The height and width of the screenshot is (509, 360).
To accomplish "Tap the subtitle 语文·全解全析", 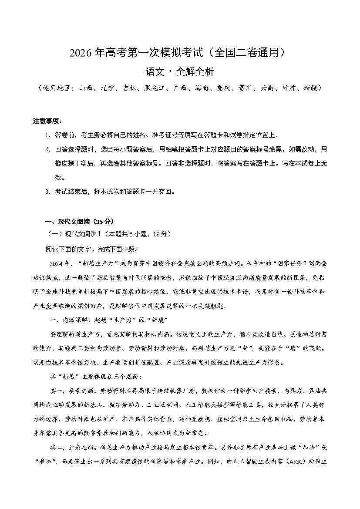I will tap(180, 71).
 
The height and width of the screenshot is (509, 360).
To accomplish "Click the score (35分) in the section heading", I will tap(105, 221).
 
